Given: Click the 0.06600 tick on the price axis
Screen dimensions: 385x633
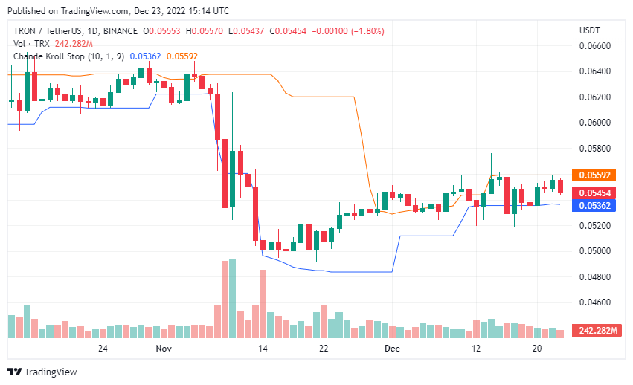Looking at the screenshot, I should pyautogui.click(x=595, y=45).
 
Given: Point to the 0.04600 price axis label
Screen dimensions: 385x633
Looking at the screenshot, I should pyautogui.click(x=595, y=302).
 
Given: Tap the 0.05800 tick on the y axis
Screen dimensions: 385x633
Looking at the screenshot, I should pyautogui.click(x=595, y=148).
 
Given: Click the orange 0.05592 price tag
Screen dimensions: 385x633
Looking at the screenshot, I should pyautogui.click(x=595, y=175).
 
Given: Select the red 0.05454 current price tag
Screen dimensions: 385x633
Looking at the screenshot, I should pyautogui.click(x=595, y=192).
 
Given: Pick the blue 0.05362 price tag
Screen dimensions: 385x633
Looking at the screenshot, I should pyautogui.click(x=595, y=205).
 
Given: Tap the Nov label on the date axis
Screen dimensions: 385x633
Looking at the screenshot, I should pyautogui.click(x=164, y=348).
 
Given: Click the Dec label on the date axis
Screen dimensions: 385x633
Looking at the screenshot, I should pyautogui.click(x=392, y=348).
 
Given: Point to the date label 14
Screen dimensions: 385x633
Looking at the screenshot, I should pyautogui.click(x=263, y=348).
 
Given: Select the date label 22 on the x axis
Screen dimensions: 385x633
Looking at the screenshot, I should pyautogui.click(x=324, y=348).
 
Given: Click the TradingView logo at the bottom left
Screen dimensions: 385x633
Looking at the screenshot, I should pyautogui.click(x=42, y=372).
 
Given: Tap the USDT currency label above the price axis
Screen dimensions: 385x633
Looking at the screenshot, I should pyautogui.click(x=591, y=30).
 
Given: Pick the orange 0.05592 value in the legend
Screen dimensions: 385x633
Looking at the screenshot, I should pyautogui.click(x=181, y=56).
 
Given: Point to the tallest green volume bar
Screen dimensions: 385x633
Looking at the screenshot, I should pyautogui.click(x=232, y=299).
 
